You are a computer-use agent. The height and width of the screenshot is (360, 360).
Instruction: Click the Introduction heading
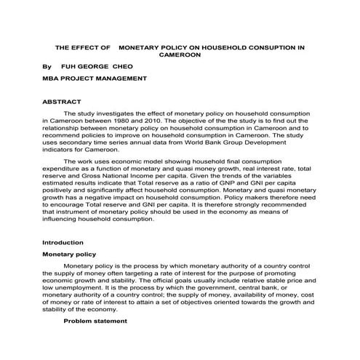point(63,241)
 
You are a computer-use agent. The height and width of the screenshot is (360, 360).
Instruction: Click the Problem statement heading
point(95,320)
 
